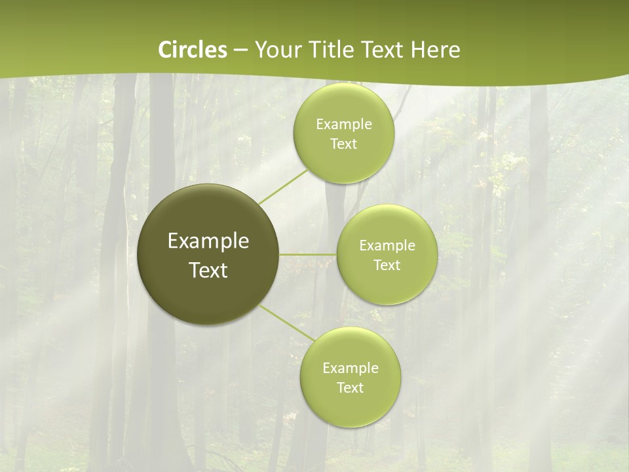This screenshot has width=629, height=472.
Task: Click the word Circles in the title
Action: pos(193,50)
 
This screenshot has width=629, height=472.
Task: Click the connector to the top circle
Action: pos(284,186)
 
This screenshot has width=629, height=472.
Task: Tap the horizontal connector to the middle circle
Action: pos(308,254)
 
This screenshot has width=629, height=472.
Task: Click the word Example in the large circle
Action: pos(208,241)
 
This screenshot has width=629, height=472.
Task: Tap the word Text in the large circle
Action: pos(208,270)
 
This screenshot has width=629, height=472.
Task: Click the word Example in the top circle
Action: pos(343,125)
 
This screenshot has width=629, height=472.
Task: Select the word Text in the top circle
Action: pos(343,144)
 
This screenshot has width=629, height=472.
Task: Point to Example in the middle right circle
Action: pos(387,246)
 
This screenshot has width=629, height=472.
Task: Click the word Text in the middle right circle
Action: pos(387,265)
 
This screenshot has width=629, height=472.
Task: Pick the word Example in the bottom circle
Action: pos(350,368)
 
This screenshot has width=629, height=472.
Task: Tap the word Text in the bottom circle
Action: pos(350,388)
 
